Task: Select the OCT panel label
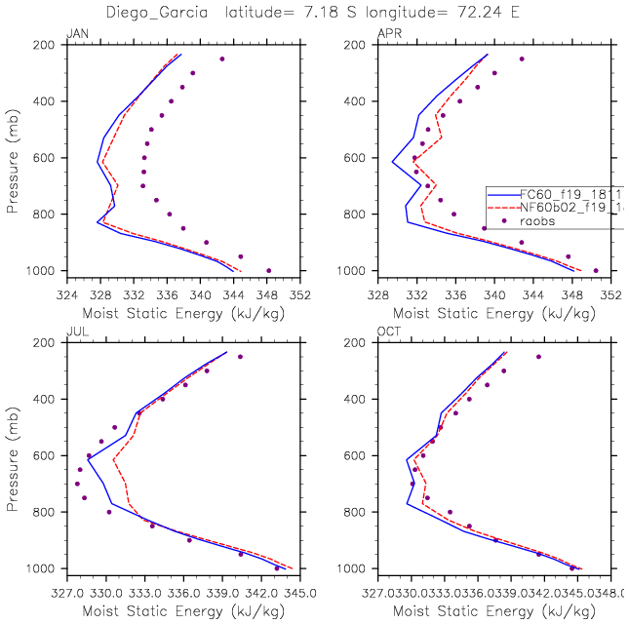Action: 388,332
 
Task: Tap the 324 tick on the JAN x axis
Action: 66,291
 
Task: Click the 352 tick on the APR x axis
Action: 610,291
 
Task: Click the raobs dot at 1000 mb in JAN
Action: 269,270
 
